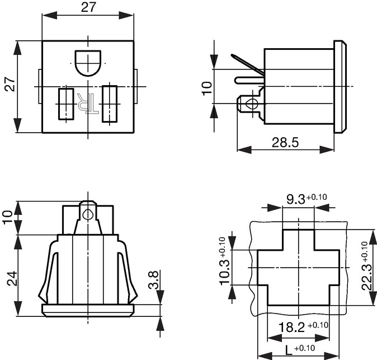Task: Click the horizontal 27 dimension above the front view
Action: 88,7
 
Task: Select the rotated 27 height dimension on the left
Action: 10,84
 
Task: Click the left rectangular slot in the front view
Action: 66,104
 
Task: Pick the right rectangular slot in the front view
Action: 110,104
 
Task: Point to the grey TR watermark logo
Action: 87,103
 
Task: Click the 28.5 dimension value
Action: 285,142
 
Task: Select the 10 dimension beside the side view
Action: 207,88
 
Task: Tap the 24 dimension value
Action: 12,278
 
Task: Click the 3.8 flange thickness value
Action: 153,280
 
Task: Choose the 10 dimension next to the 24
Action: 8,217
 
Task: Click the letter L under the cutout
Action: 289,350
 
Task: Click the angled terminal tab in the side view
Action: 248,64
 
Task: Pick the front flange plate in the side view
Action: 340,87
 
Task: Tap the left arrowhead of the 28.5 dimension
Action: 244,149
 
